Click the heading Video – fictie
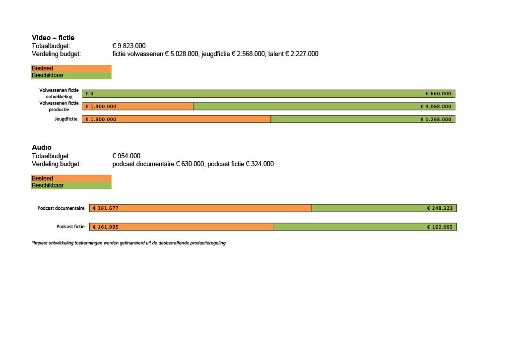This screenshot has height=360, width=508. click(53, 38)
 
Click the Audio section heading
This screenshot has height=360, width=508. click(42, 147)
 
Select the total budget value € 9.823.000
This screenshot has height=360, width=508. click(129, 46)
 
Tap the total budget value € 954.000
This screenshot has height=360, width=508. click(126, 156)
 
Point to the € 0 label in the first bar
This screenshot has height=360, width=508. click(90, 93)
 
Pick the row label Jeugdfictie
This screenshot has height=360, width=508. click(66, 119)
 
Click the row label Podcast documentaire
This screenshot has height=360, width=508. click(61, 208)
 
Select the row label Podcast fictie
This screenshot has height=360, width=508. click(70, 227)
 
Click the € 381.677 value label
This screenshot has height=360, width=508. click(105, 208)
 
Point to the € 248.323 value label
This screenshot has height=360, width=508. click(440, 208)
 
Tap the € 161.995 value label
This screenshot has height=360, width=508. click(105, 227)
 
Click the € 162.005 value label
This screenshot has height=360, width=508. click(440, 227)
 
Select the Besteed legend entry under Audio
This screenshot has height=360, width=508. click(43, 179)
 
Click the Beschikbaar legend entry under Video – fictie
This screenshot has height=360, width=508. click(48, 75)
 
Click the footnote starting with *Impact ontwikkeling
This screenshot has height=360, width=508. click(128, 243)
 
